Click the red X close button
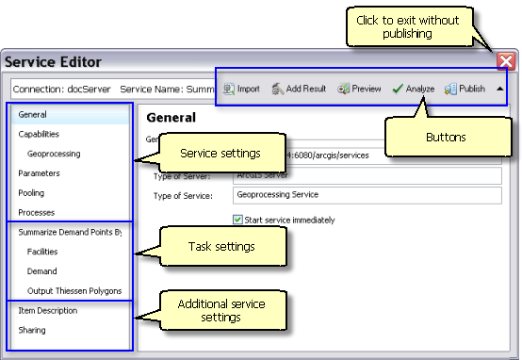click(506, 62)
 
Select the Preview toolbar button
click(359, 89)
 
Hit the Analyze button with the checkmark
click(413, 89)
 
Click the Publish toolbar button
click(465, 89)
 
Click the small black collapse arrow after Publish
click(498, 89)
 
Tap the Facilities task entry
click(42, 253)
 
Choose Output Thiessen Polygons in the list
click(74, 291)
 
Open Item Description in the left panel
click(48, 311)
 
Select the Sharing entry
click(32, 331)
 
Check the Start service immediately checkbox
click(237, 221)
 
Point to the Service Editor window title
click(54, 62)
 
